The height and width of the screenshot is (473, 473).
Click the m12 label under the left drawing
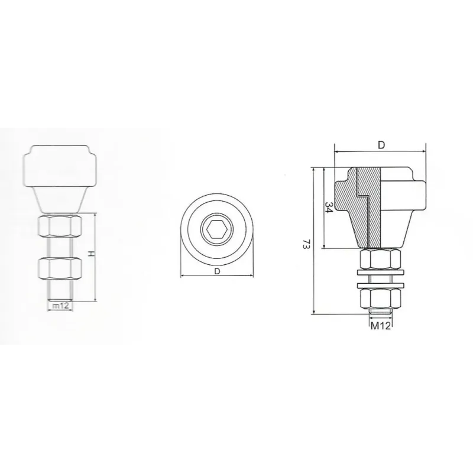pos(61,305)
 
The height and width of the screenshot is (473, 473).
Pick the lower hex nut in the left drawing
pos(60,268)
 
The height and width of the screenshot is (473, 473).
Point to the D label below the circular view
pos(217,271)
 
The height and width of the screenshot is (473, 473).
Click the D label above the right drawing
pos(381,145)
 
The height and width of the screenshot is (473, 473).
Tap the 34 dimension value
pos(329,208)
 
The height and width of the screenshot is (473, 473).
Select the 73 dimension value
pos(306,244)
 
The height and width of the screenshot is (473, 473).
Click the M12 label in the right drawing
pos(380,326)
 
